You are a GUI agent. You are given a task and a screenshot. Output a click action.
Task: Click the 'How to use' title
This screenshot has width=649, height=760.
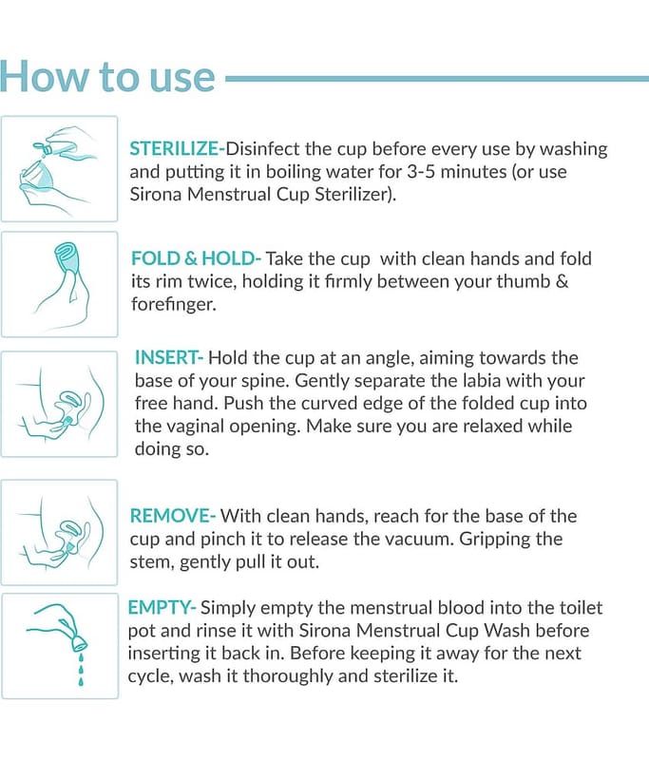pyautogui.click(x=107, y=77)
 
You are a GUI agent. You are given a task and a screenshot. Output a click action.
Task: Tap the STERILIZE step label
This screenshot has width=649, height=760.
pyautogui.click(x=178, y=149)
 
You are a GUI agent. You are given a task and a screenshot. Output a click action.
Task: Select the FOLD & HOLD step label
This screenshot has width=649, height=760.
pyautogui.click(x=196, y=258)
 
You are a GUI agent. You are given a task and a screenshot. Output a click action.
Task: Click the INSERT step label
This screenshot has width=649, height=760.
pyautogui.click(x=169, y=358)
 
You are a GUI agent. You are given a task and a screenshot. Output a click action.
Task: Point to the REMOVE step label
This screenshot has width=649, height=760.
pyautogui.click(x=172, y=516)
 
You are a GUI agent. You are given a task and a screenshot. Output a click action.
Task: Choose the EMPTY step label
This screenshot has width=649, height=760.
pyautogui.click(x=162, y=608)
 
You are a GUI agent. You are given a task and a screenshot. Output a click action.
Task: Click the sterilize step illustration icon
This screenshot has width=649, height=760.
pyautogui.click(x=60, y=169)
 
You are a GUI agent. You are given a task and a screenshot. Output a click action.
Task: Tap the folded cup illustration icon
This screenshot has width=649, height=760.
pyautogui.click(x=60, y=284)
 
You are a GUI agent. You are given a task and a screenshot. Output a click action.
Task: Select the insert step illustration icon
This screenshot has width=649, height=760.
pyautogui.click(x=60, y=404)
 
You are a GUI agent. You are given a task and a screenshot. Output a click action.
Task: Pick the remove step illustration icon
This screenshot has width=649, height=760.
pyautogui.click(x=60, y=532)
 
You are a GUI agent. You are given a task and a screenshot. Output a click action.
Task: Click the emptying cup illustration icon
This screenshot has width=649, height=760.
pyautogui.click(x=60, y=646)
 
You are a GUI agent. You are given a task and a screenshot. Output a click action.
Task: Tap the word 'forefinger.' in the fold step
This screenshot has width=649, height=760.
pyautogui.click(x=174, y=304)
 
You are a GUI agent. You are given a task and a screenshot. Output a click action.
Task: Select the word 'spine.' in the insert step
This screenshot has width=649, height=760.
pyautogui.click(x=267, y=382)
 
